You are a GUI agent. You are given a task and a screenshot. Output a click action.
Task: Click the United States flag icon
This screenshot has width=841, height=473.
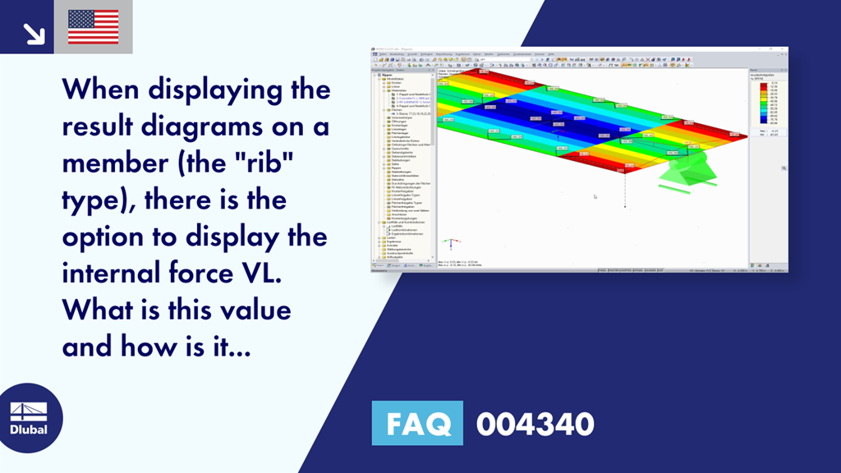tap(93, 27)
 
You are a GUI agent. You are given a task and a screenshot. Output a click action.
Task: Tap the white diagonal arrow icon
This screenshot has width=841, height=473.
tap(34, 32)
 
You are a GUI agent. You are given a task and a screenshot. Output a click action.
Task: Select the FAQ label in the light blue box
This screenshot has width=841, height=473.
tap(416, 424)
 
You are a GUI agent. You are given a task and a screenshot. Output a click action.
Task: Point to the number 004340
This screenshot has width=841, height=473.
tap(535, 424)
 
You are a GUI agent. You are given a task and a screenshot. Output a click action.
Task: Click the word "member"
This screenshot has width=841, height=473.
tap(119, 163)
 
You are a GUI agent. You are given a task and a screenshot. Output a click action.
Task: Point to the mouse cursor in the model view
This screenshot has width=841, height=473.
tap(595, 196)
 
